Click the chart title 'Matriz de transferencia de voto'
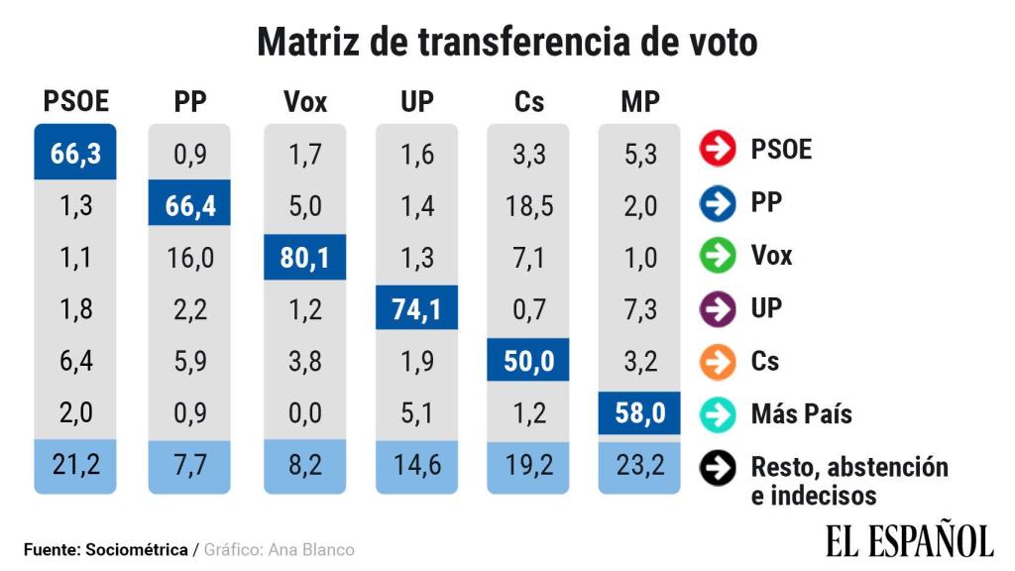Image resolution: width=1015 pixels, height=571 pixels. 507,43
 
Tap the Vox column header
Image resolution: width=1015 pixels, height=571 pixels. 304,101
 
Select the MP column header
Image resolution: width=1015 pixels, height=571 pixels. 639,101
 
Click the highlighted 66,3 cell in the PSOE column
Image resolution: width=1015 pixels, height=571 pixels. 75,153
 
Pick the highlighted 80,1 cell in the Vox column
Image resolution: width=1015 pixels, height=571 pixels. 304,258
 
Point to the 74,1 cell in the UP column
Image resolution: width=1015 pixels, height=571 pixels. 416,309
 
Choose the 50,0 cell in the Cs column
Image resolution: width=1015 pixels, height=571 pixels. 527,361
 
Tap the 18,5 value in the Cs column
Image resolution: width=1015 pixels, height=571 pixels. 527,206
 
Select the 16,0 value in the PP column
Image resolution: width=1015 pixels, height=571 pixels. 189,258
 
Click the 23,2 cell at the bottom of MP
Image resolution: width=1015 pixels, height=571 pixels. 639,465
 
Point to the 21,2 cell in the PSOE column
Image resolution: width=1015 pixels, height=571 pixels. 75,465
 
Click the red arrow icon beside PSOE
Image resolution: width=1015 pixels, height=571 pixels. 717,150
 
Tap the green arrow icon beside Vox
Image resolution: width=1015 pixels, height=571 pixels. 717,256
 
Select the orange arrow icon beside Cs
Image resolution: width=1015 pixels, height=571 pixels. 717,361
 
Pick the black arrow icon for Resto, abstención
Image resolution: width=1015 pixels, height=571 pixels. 717,467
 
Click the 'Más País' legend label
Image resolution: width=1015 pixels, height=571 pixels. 801,413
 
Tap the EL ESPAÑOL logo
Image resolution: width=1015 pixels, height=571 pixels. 908,540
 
